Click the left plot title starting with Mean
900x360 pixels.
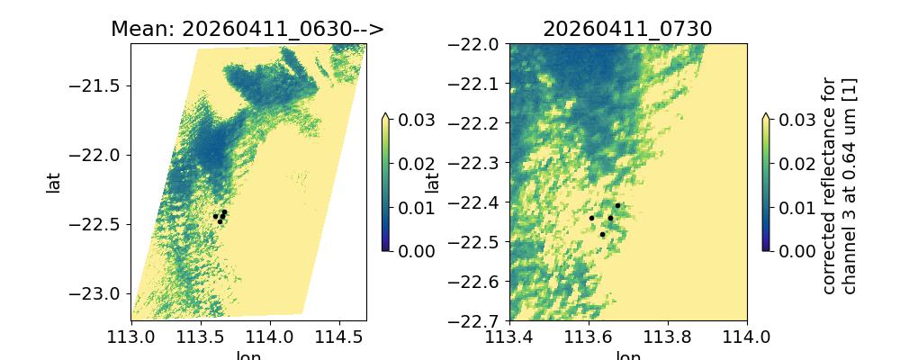(x=247, y=29)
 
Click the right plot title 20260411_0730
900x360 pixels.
(x=627, y=29)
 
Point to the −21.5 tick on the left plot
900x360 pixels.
(x=102, y=85)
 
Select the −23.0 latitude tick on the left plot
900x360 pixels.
(x=102, y=293)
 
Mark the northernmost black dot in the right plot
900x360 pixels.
(x=617, y=205)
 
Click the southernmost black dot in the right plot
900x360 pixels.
(x=602, y=234)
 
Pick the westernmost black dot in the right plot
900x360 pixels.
(x=591, y=218)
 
